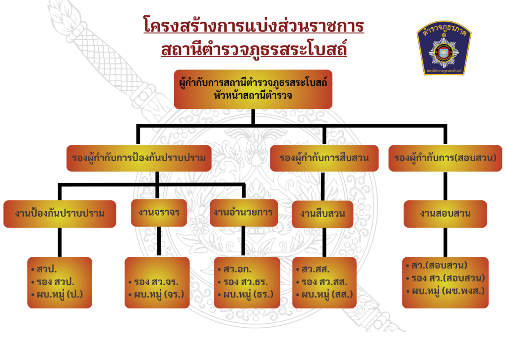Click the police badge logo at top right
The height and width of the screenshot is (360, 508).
[x=444, y=50]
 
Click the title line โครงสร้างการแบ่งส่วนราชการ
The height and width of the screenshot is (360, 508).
[x=254, y=26]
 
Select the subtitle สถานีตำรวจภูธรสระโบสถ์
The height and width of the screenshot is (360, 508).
[x=254, y=50]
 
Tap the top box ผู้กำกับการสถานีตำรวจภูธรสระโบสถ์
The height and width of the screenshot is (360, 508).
[x=253, y=89]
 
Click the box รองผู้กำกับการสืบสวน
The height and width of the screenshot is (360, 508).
[x=324, y=158]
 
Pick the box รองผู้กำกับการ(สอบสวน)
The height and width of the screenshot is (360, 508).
[x=445, y=158]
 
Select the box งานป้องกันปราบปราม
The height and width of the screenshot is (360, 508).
[x=60, y=213]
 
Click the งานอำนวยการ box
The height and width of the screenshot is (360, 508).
[x=243, y=212]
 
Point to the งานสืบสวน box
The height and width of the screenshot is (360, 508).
[x=322, y=214]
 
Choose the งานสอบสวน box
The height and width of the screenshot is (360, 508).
[x=445, y=214]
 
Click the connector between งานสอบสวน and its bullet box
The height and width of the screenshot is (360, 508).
[x=445, y=242]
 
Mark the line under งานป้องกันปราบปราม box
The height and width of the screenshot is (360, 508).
[x=60, y=242]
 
